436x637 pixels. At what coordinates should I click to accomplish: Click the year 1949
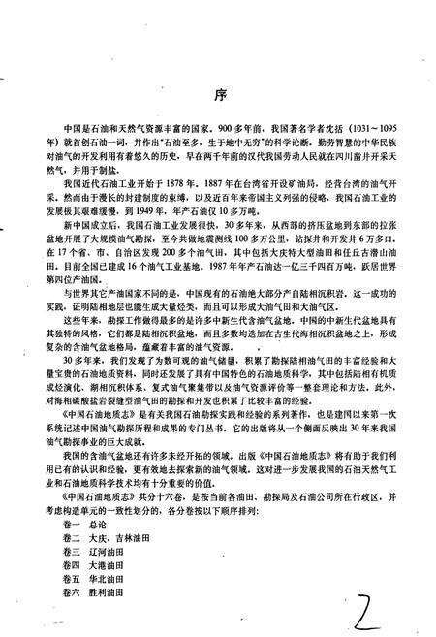[x=160, y=207]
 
